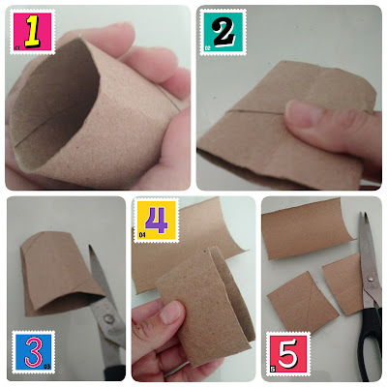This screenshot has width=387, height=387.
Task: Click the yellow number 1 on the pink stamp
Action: [32, 32]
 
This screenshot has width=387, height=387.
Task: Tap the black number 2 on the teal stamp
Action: [223, 32]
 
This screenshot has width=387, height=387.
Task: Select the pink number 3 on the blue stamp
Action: [33, 352]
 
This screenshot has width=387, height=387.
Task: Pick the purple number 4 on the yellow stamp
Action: [157, 220]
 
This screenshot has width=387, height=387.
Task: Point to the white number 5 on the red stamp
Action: [288, 353]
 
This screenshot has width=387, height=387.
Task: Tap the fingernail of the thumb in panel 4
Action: [171, 313]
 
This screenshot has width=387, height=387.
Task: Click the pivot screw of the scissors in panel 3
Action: [108, 319]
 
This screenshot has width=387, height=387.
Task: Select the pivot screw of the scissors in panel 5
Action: [371, 278]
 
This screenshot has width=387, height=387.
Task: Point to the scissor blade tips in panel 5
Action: [363, 215]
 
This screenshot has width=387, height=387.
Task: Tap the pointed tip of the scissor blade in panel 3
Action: [90, 247]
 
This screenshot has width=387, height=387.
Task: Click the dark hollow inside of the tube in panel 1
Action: [56, 104]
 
